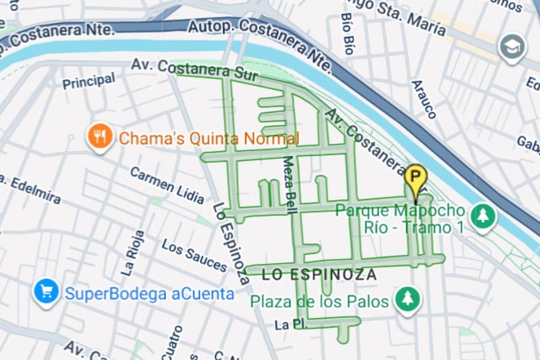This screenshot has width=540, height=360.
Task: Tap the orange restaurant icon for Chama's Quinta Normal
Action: pos(100,137)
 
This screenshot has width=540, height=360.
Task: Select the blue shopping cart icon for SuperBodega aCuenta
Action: pos(47,292)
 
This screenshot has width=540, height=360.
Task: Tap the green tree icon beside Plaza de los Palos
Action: pos(407,299)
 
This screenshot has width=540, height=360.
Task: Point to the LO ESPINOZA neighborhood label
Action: pos(319,275)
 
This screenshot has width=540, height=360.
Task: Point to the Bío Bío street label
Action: pos(348,34)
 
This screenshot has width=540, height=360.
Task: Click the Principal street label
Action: pos(88,81)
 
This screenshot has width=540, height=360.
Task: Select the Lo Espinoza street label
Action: pos(230,243)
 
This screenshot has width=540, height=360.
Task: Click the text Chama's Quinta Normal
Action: pos(209,139)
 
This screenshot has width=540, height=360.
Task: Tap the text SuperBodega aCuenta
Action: pos(149,293)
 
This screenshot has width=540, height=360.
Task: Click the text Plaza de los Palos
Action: pos(319,301)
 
